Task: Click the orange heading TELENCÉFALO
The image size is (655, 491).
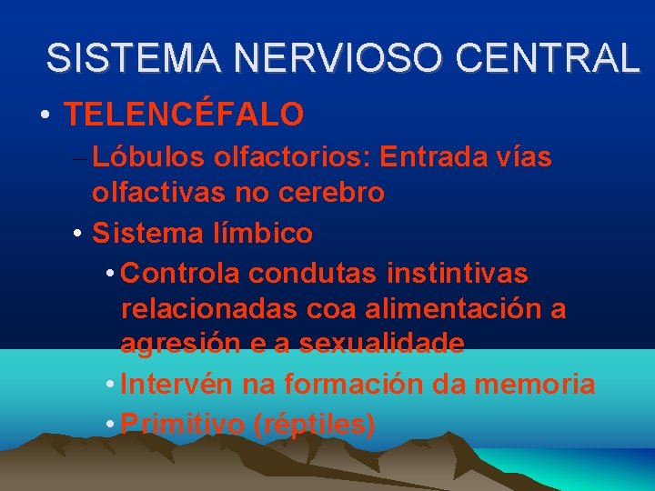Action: [x=184, y=115]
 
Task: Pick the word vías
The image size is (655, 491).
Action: [x=522, y=157]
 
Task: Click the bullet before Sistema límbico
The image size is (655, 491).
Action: [x=78, y=235]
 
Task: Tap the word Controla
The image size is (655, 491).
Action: [x=178, y=273]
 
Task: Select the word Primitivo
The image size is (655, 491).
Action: [x=179, y=424]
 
